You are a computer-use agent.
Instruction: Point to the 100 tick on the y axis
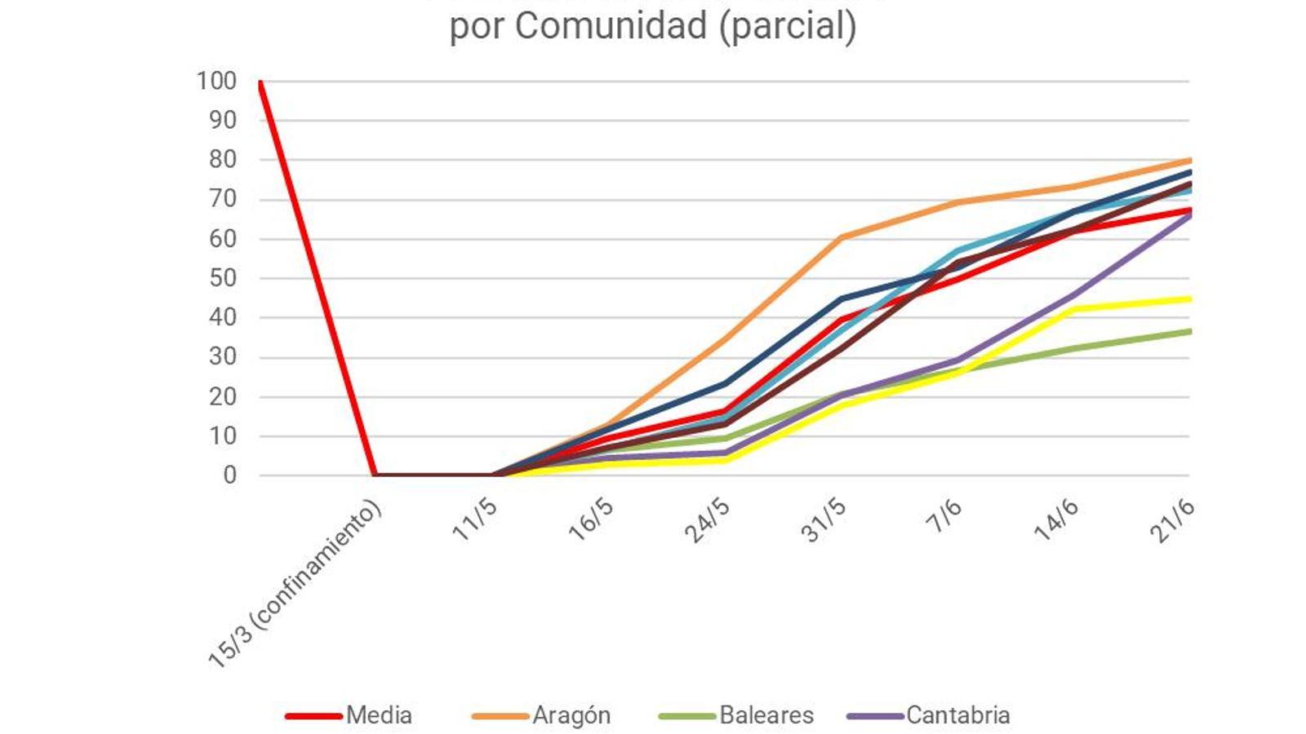(x=216, y=81)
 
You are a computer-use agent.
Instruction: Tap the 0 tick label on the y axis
(x=229, y=475)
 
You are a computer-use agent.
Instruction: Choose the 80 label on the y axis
(x=222, y=160)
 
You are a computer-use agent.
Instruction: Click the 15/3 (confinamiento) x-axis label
(x=295, y=585)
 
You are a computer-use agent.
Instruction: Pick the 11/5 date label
(x=475, y=519)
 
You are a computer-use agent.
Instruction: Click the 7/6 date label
(x=944, y=515)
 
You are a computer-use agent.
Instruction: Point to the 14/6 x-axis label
(x=1056, y=520)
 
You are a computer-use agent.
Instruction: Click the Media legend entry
(x=378, y=715)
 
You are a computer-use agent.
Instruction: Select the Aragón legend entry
(x=571, y=715)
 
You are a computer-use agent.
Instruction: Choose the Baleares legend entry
(x=766, y=715)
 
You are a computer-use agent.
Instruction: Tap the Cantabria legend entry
(x=957, y=715)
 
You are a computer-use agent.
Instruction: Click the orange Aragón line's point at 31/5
(x=842, y=237)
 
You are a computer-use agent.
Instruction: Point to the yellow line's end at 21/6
(x=1188, y=299)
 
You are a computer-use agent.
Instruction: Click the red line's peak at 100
(x=260, y=82)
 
